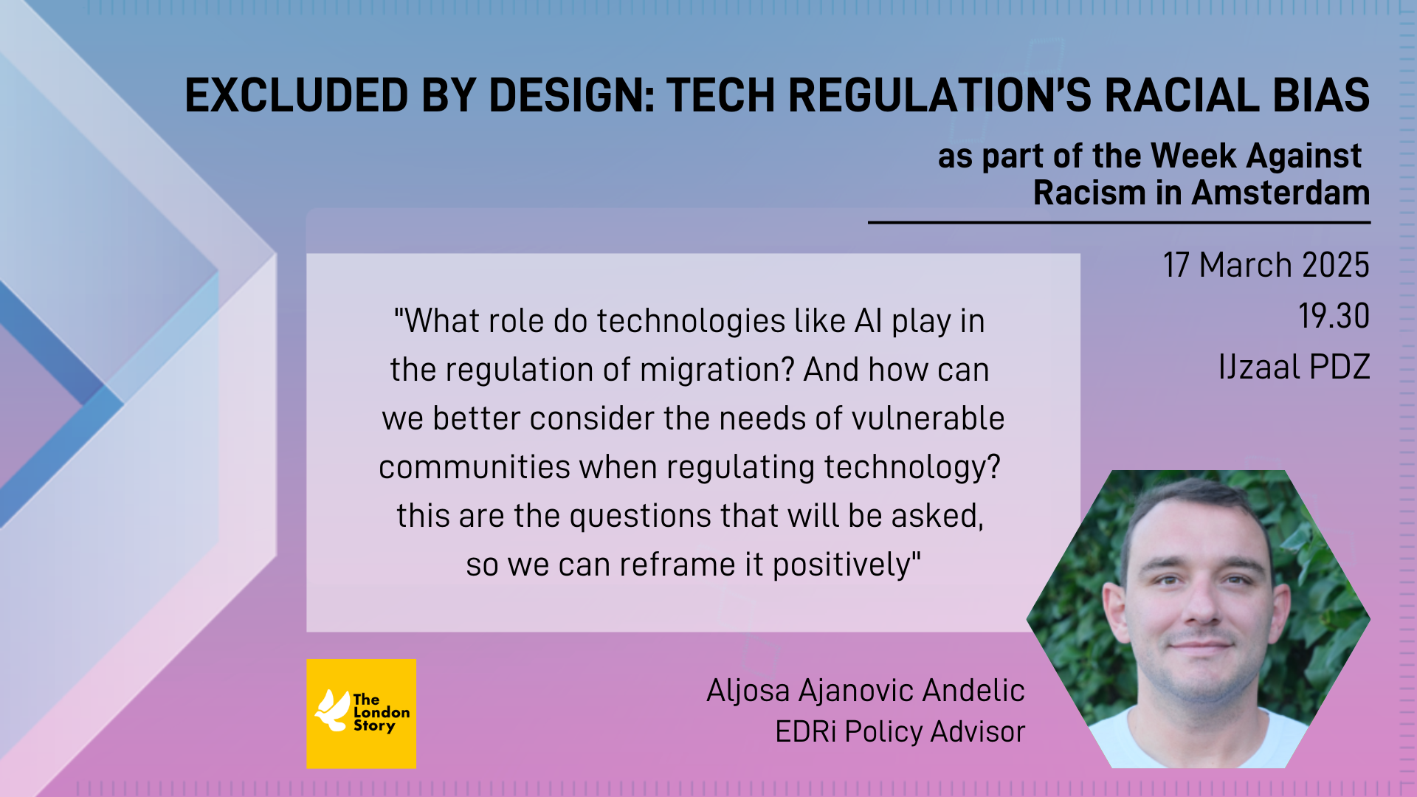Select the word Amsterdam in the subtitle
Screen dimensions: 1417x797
click(1280, 193)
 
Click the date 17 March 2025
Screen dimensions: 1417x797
click(1266, 265)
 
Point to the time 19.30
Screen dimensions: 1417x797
click(1334, 316)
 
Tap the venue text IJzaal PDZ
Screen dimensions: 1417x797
click(1294, 367)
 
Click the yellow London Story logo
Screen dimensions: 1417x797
click(362, 714)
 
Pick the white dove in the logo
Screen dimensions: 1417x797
click(333, 711)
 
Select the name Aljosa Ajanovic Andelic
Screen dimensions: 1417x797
click(866, 691)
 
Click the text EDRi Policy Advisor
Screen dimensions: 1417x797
click(900, 732)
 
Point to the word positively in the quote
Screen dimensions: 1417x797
click(842, 565)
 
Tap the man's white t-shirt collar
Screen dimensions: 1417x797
click(1197, 727)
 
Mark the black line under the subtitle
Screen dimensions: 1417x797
click(1119, 222)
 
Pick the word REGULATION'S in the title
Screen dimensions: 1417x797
click(940, 96)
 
